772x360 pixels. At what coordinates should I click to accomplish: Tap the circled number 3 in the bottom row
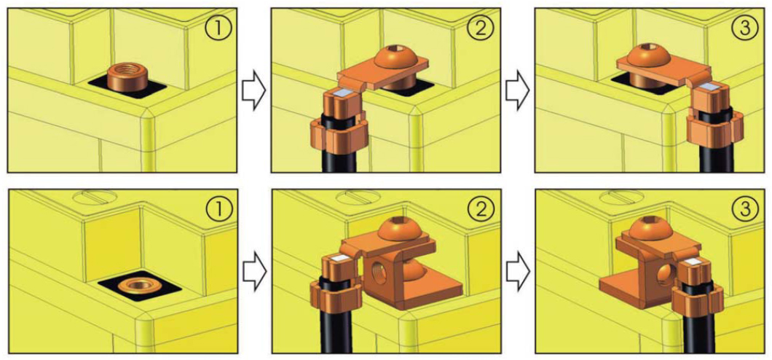pyautogui.click(x=744, y=209)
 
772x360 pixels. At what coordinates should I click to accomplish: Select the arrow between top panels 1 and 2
pyautogui.click(x=254, y=90)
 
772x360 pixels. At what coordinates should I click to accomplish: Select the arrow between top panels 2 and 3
pyautogui.click(x=518, y=90)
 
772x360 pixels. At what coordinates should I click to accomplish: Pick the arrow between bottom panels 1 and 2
pyautogui.click(x=254, y=270)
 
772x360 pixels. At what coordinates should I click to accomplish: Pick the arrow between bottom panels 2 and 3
pyautogui.click(x=519, y=270)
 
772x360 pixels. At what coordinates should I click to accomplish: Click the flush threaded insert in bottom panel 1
pyautogui.click(x=139, y=285)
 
